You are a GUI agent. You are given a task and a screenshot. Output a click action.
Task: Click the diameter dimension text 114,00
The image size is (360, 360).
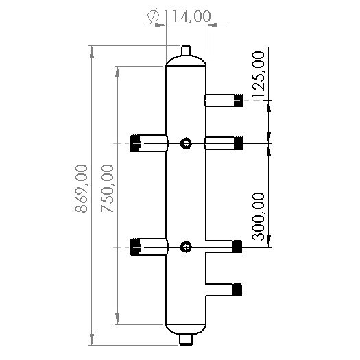[187, 16]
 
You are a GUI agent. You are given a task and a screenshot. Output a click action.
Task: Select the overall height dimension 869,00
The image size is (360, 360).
[82, 189]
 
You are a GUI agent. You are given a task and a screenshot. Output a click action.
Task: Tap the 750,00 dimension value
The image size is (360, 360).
[108, 189]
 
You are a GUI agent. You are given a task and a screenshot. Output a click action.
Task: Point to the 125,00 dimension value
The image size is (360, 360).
[259, 75]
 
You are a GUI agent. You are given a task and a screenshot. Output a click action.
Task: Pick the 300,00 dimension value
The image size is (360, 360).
[259, 217]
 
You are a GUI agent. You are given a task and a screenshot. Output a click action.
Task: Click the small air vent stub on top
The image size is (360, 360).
[186, 50]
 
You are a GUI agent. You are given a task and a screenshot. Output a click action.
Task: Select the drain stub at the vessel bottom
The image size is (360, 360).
[186, 339]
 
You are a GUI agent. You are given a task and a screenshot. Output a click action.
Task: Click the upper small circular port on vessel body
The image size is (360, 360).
[186, 143]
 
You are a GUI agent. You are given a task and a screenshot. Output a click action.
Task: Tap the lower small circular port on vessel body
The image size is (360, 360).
[186, 247]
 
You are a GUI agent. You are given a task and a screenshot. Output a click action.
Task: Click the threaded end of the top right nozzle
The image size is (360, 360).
[239, 100]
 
